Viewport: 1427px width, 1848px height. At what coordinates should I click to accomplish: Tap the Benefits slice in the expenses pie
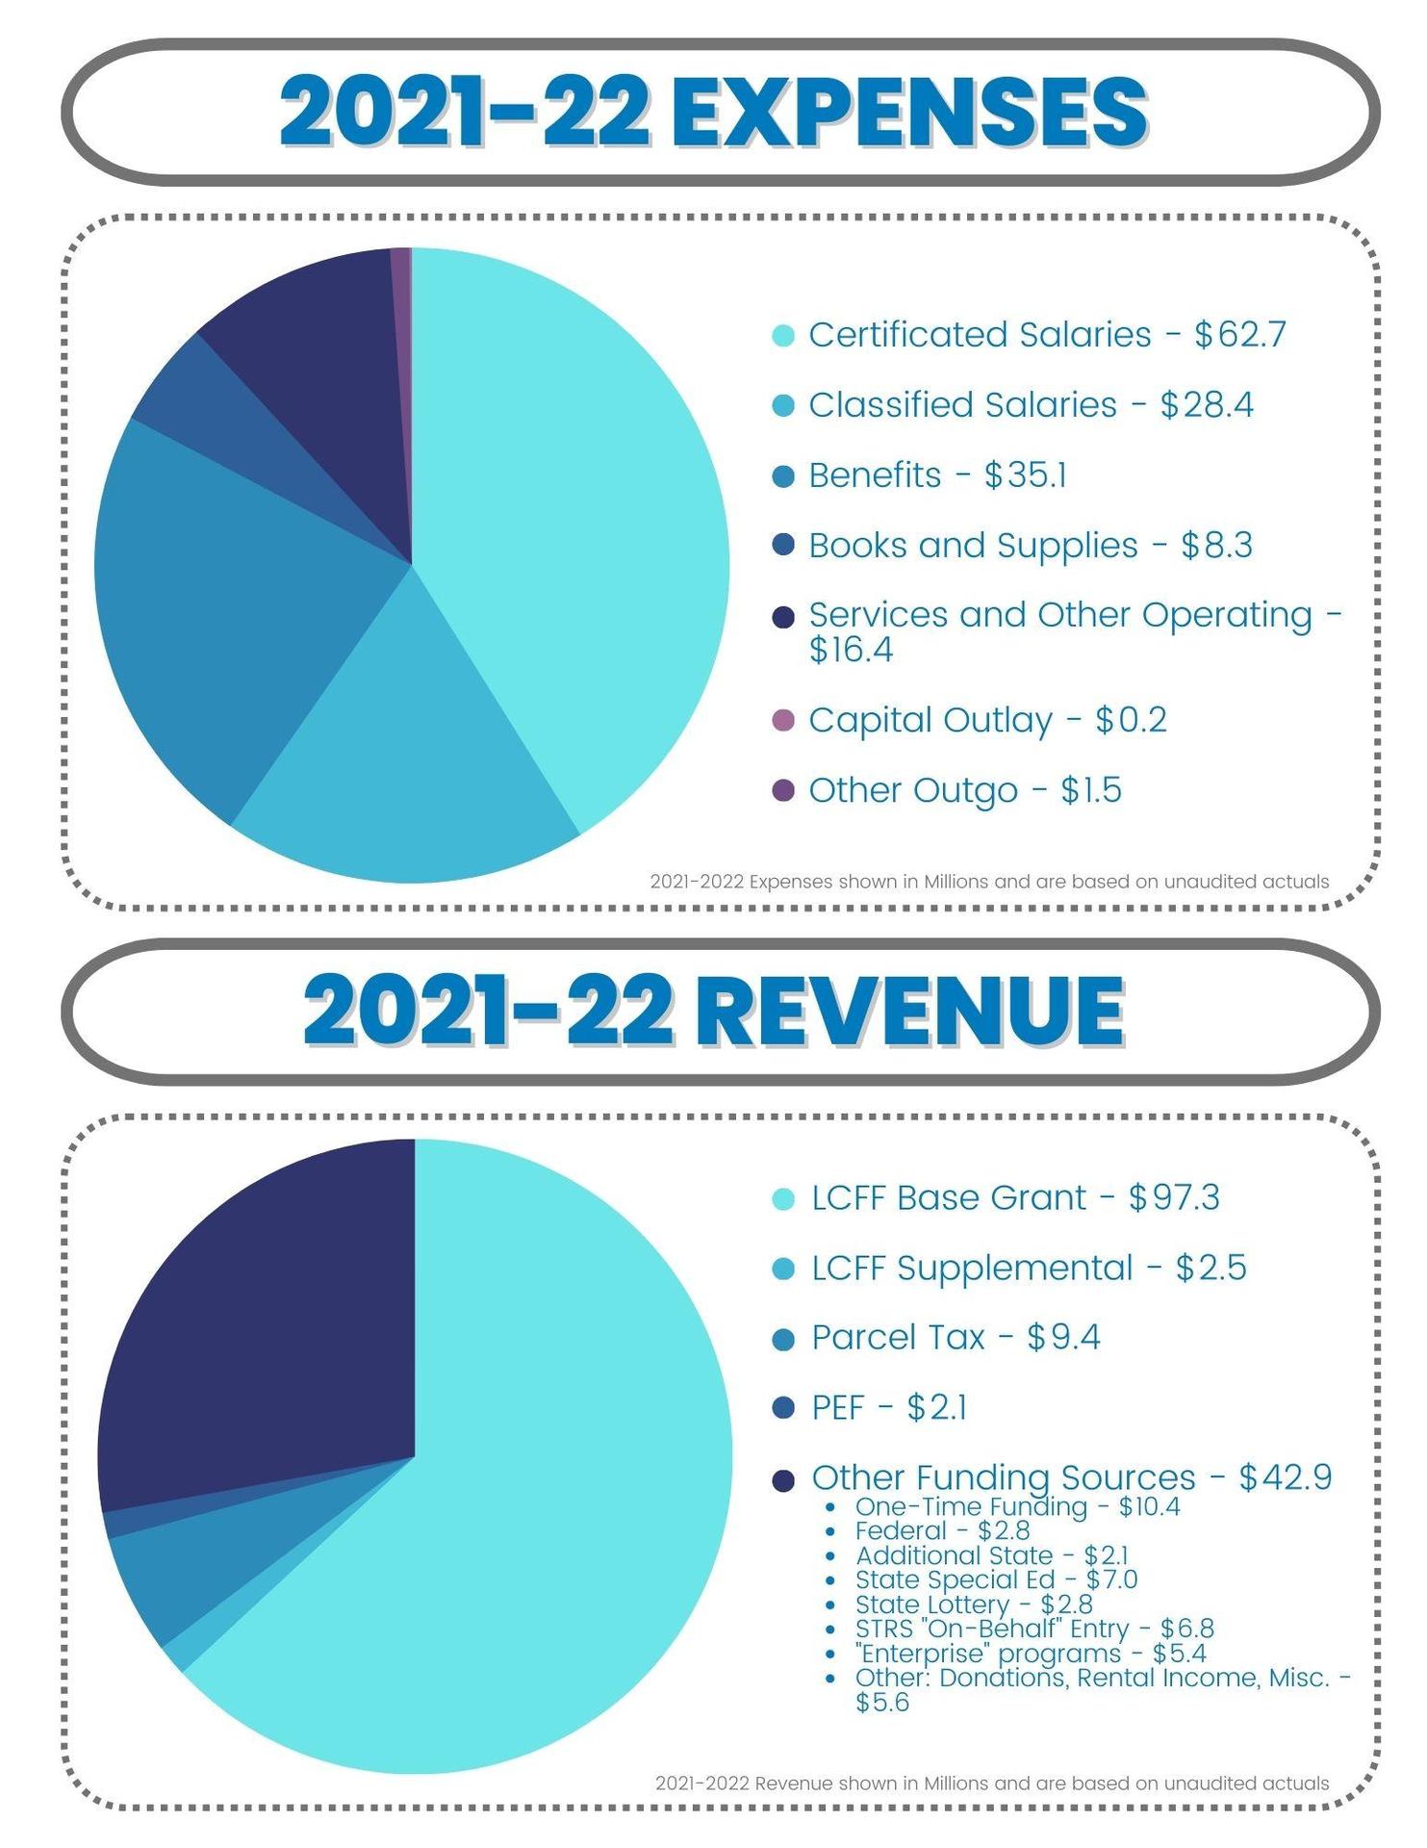coord(231,597)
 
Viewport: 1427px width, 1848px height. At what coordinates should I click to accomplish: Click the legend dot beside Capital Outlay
coord(783,720)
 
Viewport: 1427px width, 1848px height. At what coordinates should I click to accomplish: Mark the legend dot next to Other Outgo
coord(783,790)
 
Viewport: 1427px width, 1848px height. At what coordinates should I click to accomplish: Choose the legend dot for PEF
coord(783,1408)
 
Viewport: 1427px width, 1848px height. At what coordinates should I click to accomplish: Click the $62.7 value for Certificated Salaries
coord(1239,335)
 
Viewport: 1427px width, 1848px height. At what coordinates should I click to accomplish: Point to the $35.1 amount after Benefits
coord(1025,475)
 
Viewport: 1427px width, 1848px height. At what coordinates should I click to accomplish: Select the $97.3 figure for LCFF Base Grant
coord(1174,1198)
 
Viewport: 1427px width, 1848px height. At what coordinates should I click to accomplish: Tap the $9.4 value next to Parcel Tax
coord(1063,1338)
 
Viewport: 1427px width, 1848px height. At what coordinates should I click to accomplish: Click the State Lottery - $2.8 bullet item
coord(973,1604)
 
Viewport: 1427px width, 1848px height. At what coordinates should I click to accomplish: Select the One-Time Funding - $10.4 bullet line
coord(1016,1506)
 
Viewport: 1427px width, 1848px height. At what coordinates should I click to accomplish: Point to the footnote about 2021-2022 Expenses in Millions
coord(989,882)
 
